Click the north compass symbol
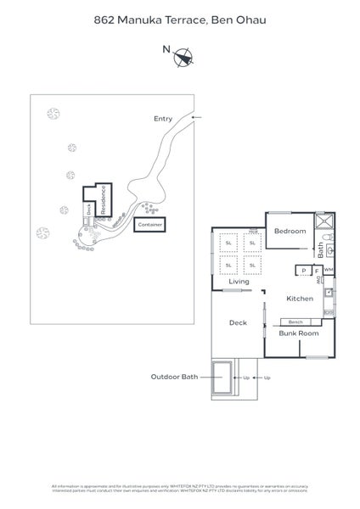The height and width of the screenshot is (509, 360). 183,57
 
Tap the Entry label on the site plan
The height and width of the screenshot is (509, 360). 163,119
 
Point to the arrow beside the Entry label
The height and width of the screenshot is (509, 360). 197,117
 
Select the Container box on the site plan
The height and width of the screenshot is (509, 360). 149,225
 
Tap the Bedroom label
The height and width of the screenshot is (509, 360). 290,231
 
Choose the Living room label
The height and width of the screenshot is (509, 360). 239,282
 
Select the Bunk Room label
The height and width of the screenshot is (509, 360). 299,333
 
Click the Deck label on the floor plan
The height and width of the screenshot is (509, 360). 238,323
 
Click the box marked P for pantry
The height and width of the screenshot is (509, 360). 302,271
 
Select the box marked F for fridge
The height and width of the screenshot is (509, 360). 316,271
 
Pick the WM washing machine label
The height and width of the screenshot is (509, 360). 329,270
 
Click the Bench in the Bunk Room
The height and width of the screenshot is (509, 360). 295,322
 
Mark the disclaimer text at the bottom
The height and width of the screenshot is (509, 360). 180,489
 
